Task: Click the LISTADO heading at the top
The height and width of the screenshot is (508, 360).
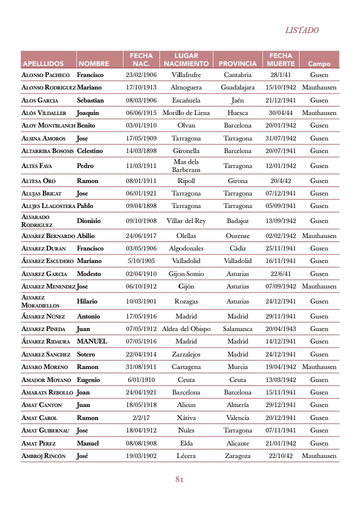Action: tap(301, 30)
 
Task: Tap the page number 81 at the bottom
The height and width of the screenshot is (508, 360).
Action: tap(179, 479)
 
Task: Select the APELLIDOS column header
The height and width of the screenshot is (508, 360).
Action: tap(43, 64)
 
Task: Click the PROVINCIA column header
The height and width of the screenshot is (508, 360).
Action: tap(237, 64)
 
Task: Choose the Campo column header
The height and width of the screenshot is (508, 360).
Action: tap(319, 64)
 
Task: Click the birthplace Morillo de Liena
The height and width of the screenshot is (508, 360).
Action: tap(186, 113)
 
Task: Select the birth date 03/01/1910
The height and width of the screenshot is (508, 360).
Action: tap(141, 125)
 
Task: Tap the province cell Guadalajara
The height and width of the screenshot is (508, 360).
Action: tap(237, 87)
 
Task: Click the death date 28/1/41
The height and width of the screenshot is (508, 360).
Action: tap(280, 75)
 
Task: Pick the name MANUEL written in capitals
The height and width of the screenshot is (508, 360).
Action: tap(92, 341)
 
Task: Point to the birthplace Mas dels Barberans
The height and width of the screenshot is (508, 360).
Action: tap(186, 165)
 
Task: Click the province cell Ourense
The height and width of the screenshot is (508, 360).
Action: tap(237, 236)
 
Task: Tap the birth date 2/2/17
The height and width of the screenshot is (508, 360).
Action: tap(141, 418)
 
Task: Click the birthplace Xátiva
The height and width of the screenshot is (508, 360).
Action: tap(186, 418)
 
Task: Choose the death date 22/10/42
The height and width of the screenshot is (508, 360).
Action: tap(280, 456)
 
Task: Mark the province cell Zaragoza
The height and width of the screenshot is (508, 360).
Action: tap(237, 456)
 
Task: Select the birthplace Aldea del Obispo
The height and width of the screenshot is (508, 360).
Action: tap(186, 329)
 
